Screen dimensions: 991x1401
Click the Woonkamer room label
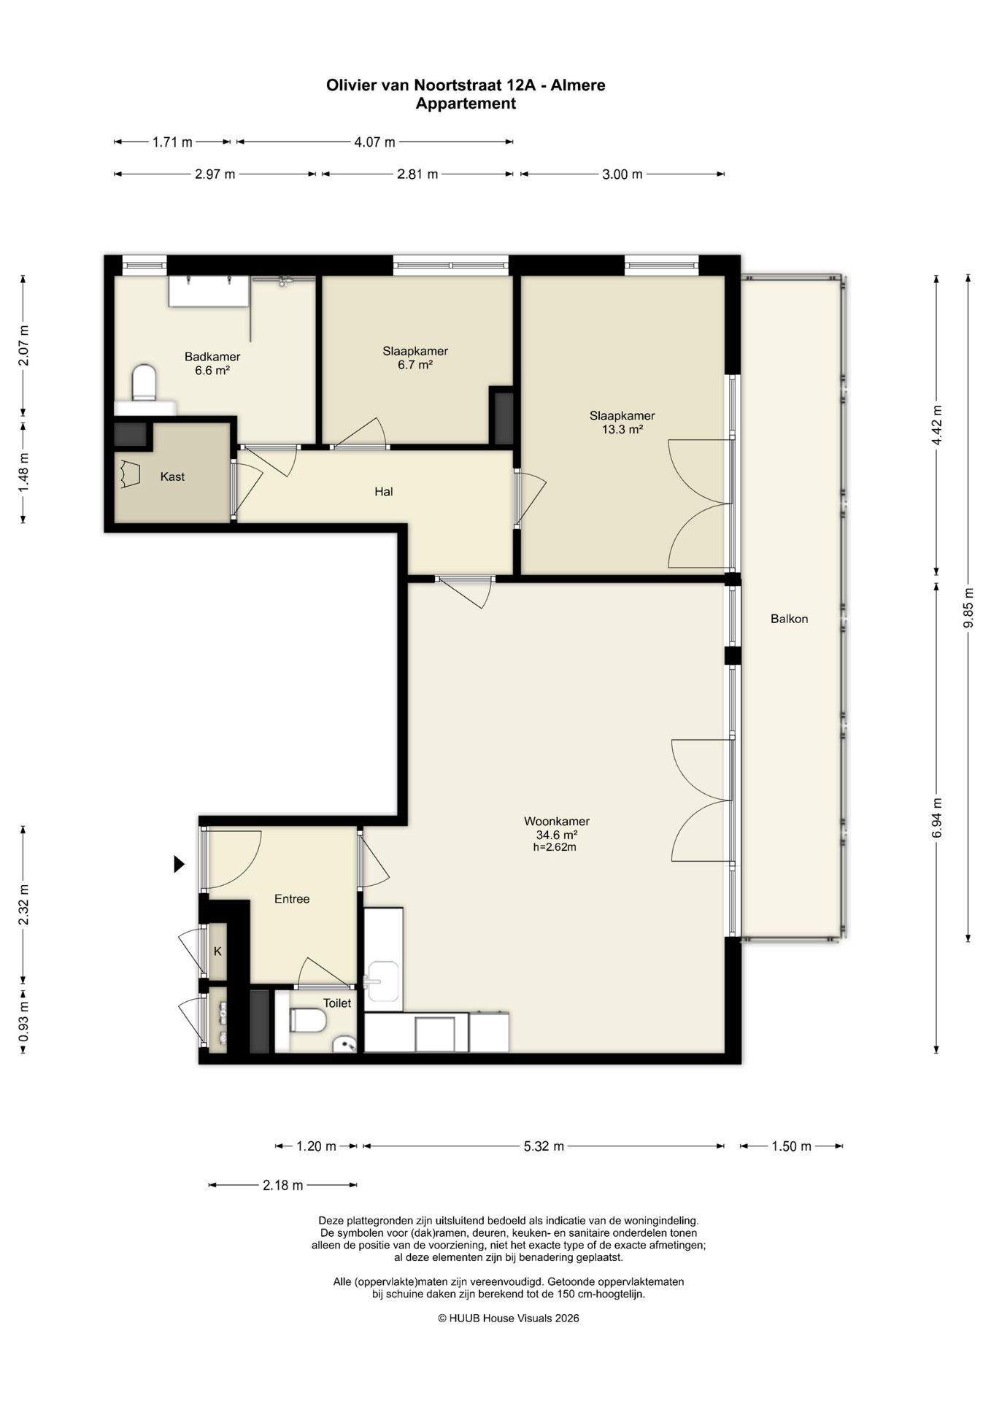tap(557, 821)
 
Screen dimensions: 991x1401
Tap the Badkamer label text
tap(212, 357)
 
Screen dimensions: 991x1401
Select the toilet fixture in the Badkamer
tap(144, 383)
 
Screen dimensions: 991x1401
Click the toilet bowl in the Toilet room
tap(307, 1020)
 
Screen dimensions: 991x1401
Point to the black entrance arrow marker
tap(179, 864)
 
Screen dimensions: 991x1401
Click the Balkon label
tap(790, 619)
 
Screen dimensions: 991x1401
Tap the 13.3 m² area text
tap(622, 430)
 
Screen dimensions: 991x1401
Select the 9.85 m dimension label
tap(968, 608)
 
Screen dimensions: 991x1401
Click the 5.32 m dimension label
tap(544, 1146)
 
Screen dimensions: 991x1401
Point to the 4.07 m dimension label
tap(374, 142)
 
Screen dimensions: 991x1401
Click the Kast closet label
tap(172, 476)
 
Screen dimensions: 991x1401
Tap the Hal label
tap(384, 492)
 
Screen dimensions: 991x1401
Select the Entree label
tap(292, 899)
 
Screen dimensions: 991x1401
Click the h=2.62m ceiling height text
tap(555, 847)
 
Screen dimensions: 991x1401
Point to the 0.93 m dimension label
tap(23, 1020)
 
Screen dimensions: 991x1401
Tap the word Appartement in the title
tap(466, 104)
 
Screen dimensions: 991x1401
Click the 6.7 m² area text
tap(415, 365)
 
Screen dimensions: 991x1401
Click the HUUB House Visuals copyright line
tap(509, 1318)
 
